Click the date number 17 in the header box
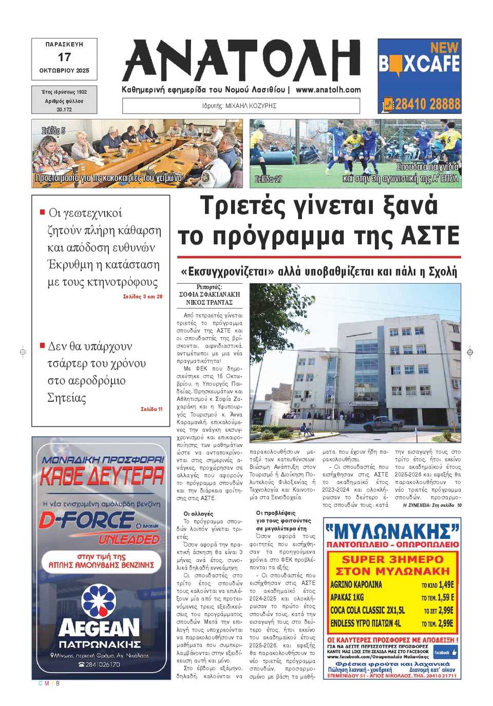tap(64, 57)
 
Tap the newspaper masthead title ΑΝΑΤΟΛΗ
tap(241, 61)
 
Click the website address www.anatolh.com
tap(328, 90)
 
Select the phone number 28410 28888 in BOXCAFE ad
tap(427, 104)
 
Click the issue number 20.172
tap(64, 109)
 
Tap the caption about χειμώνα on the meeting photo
tap(108, 178)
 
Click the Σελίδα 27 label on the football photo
tap(269, 179)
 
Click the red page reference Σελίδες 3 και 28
tap(143, 296)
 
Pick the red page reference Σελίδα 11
tap(151, 409)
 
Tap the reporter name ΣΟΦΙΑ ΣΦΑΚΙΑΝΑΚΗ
tap(210, 294)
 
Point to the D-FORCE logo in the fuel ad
tap(87, 520)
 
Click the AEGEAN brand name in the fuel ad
tap(99, 628)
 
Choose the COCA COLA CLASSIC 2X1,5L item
tap(368, 610)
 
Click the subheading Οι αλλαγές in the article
tap(198, 513)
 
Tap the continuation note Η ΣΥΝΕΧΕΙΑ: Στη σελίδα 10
tap(432, 505)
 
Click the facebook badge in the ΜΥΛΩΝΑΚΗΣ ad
tap(445, 653)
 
